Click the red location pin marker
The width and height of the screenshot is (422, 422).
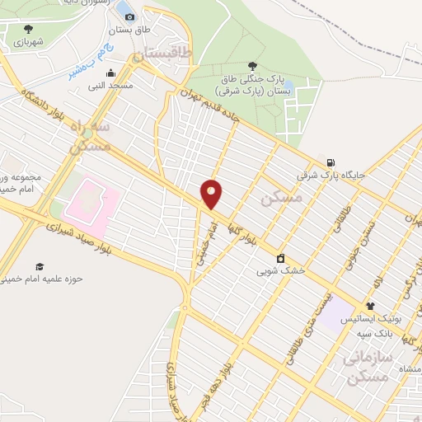click(212, 195)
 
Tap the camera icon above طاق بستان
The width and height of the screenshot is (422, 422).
click(129, 16)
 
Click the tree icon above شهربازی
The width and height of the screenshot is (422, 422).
click(29, 28)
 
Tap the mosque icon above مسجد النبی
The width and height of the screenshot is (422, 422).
click(110, 73)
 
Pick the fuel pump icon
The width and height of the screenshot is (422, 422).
click(331, 162)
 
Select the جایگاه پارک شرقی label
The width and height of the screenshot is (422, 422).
click(331, 176)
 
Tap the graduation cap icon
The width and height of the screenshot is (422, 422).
click(39, 265)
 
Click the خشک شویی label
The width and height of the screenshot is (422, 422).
click(280, 270)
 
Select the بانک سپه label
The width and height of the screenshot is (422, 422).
click(374, 334)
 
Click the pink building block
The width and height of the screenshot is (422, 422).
click(93, 203)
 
